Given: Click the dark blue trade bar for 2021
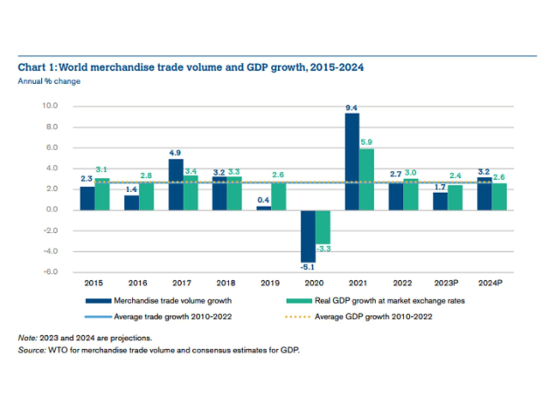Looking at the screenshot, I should pos(351,161).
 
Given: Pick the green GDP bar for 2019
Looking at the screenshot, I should pos(279,196).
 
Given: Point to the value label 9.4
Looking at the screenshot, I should pos(351,107).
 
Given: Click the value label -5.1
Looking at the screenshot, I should pos(307,267).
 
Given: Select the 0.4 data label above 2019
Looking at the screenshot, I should pos(263,200).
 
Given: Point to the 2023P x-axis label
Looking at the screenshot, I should pos(447,282).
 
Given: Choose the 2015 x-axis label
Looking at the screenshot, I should pos(94,282).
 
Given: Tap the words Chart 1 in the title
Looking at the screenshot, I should pos(37,68).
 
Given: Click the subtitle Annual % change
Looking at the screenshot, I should pos(49,81).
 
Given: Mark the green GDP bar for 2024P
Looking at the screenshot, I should pos(499,196).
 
